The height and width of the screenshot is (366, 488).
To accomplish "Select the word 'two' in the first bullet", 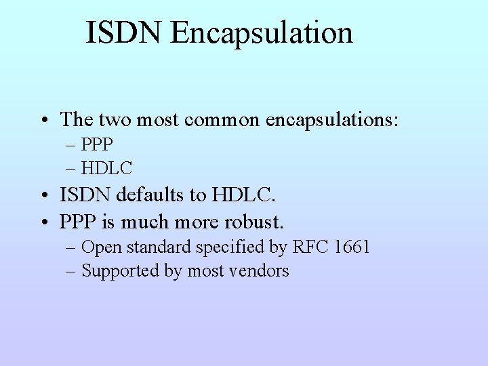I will click(x=116, y=120).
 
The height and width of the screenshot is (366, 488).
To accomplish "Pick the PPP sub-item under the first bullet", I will click(x=97, y=145).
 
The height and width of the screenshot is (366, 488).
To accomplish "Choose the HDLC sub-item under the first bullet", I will click(x=106, y=167).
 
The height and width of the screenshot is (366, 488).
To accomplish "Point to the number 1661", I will click(x=352, y=247).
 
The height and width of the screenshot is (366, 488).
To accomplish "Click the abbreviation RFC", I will click(x=310, y=247).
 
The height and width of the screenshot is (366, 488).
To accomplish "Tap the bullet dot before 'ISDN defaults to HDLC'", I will click(x=42, y=197).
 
